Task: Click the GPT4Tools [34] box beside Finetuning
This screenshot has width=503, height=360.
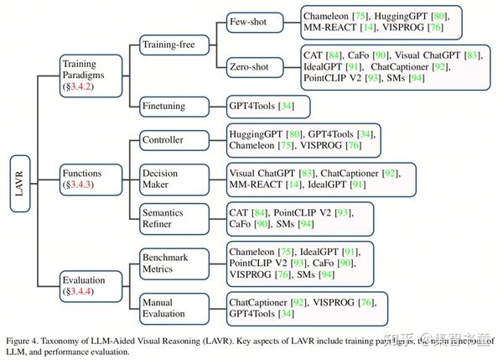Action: [x=267, y=107]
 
